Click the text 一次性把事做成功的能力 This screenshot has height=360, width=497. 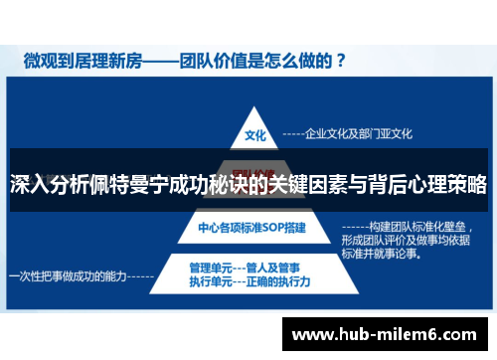[68, 274]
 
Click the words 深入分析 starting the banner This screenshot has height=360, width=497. [44, 185]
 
